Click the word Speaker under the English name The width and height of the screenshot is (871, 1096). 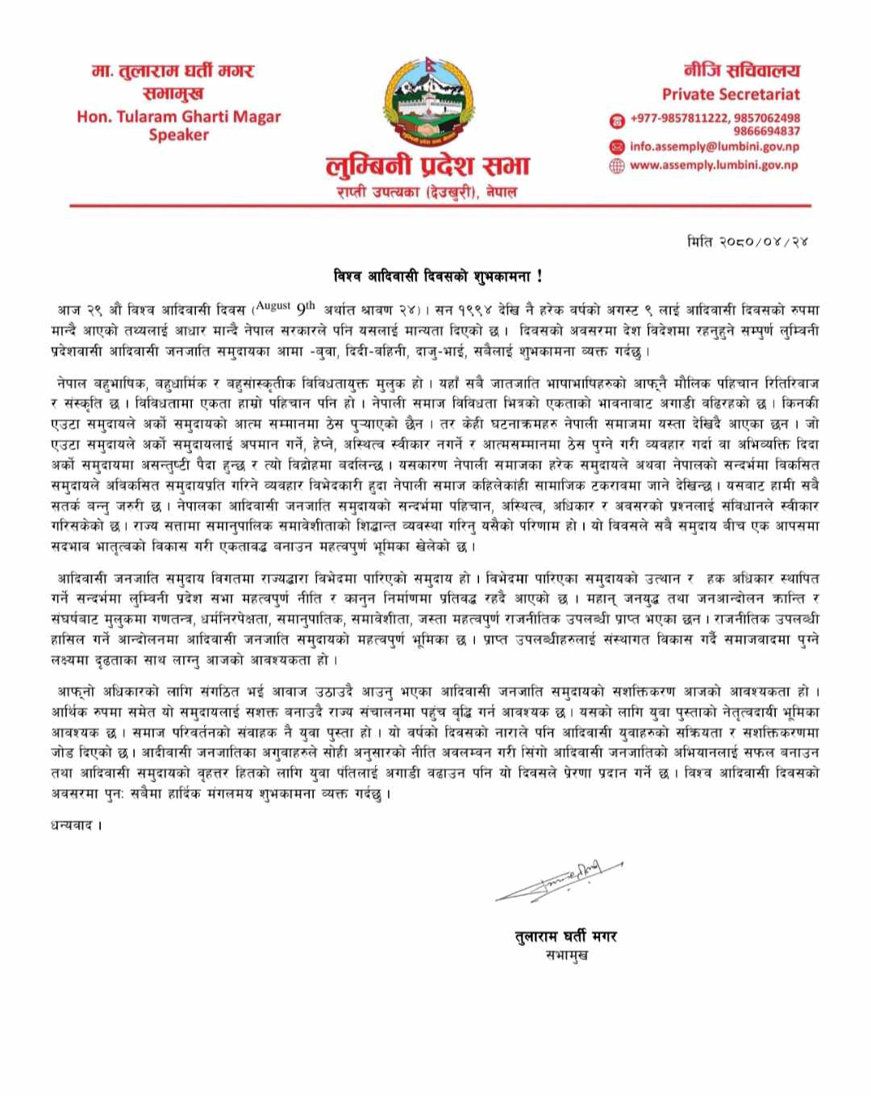pyautogui.click(x=178, y=135)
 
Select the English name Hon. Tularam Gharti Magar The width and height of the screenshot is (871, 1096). pyautogui.click(x=178, y=116)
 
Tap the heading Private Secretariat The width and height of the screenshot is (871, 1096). pyautogui.click(x=731, y=94)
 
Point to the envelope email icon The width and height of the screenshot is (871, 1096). pyautogui.click(x=617, y=147)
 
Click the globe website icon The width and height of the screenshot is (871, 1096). pyautogui.click(x=617, y=165)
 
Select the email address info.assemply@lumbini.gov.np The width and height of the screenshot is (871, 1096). pyautogui.click(x=715, y=147)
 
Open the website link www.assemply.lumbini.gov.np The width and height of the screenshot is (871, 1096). pyautogui.click(x=714, y=164)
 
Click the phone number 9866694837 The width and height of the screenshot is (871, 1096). pyautogui.click(x=766, y=131)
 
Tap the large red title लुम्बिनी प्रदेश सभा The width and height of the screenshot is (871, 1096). pyautogui.click(x=427, y=166)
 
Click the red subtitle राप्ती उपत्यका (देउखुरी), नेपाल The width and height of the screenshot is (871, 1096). pyautogui.click(x=427, y=193)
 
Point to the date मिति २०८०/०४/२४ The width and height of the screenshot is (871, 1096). pyautogui.click(x=748, y=241)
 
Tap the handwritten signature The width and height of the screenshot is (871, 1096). pyautogui.click(x=560, y=881)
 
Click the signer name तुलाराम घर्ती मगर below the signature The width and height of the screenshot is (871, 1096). pyautogui.click(x=566, y=936)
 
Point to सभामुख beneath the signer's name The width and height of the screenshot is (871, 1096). pyautogui.click(x=567, y=955)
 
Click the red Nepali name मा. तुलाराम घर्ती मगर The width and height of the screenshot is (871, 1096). pyautogui.click(x=173, y=71)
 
